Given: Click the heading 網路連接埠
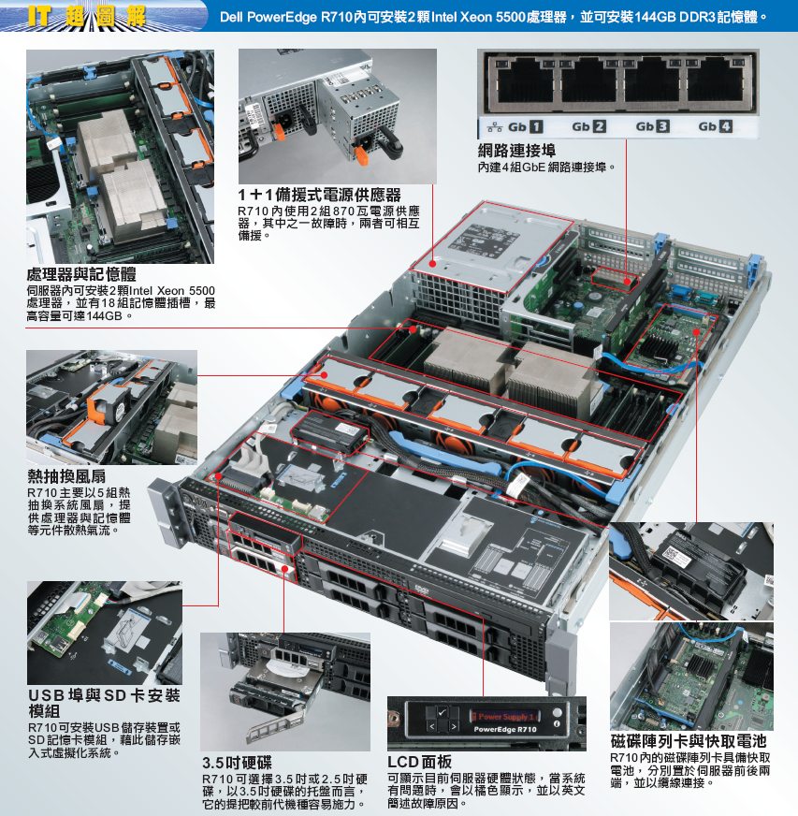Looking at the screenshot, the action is pyautogui.click(x=516, y=151).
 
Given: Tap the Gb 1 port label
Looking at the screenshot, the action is pyautogui.click(x=526, y=126).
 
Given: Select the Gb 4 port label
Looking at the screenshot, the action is pyautogui.click(x=716, y=126).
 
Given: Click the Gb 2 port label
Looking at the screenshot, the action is pyautogui.click(x=588, y=126).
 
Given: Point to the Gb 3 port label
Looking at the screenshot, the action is pyautogui.click(x=652, y=126).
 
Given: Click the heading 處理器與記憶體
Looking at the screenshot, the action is pyautogui.click(x=81, y=274).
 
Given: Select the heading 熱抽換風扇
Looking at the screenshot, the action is pyautogui.click(x=66, y=475).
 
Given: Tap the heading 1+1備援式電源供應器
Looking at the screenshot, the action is pyautogui.click(x=319, y=196).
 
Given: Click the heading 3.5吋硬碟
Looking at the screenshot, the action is pyautogui.click(x=238, y=763).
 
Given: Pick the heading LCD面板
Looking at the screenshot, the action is pyautogui.click(x=419, y=762).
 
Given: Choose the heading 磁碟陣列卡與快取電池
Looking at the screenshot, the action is pyautogui.click(x=689, y=741).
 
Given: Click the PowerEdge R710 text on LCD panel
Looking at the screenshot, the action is pyautogui.click(x=504, y=729).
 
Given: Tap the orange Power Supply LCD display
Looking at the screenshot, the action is pyautogui.click(x=505, y=716).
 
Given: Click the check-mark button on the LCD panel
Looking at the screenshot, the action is pyautogui.click(x=443, y=712).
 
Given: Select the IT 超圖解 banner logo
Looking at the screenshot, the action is pyautogui.click(x=87, y=17).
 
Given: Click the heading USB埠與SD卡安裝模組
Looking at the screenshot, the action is pyautogui.click(x=104, y=703).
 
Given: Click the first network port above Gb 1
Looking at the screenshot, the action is pyautogui.click(x=526, y=82).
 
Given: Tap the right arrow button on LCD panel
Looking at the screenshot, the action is pyautogui.click(x=454, y=726).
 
